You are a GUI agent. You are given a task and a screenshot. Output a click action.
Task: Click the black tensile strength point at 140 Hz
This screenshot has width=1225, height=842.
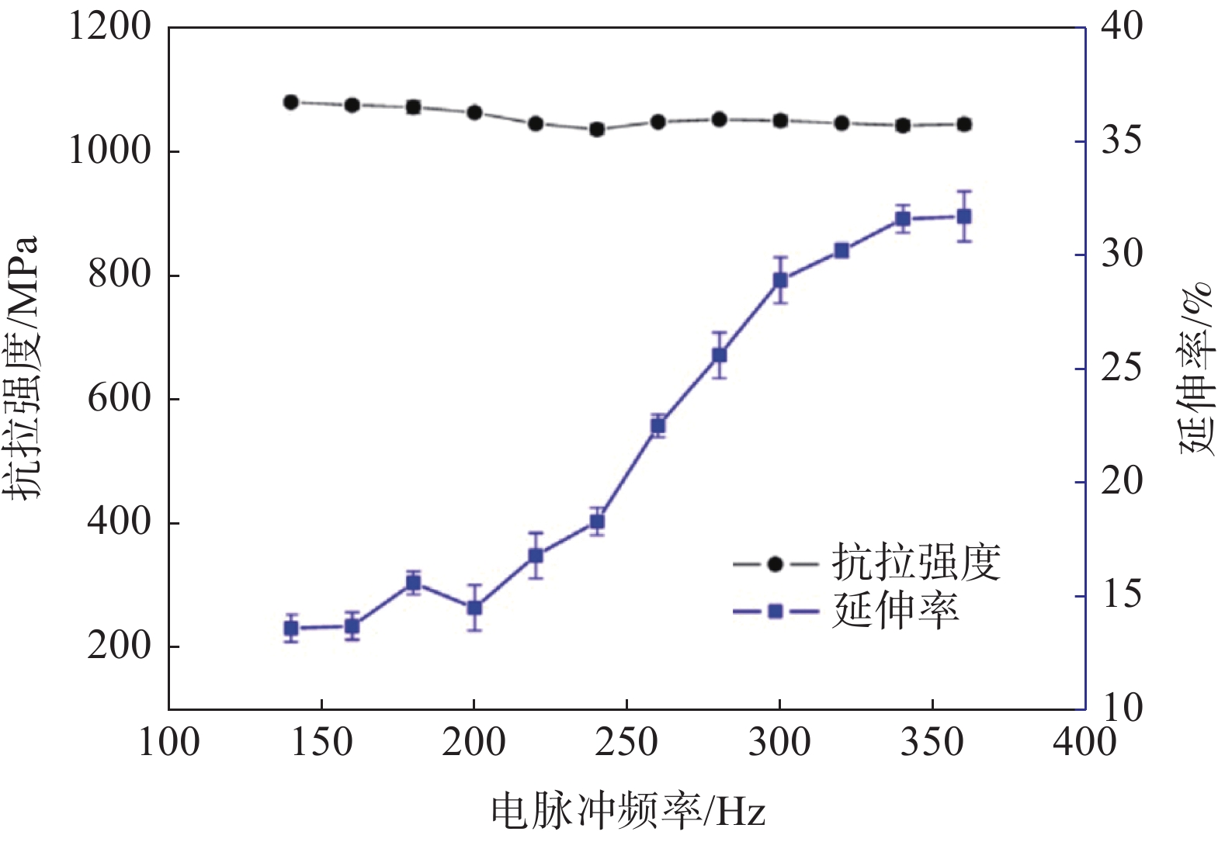(291, 102)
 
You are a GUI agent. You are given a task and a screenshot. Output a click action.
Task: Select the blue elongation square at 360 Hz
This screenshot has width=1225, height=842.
(964, 217)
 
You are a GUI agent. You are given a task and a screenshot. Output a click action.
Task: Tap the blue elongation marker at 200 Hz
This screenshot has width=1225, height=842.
(474, 608)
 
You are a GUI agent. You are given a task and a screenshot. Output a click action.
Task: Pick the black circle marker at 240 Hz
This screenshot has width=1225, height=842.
(597, 130)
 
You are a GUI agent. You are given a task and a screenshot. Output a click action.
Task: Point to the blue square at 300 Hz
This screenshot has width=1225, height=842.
(780, 280)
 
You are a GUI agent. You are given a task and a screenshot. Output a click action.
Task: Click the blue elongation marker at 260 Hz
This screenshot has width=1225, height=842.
(658, 425)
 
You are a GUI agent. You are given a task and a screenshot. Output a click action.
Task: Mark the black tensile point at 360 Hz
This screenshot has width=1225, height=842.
(964, 124)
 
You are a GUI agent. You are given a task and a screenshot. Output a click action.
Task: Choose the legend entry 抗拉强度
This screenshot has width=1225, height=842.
(916, 563)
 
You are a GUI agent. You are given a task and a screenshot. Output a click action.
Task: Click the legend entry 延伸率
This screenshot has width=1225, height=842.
(895, 611)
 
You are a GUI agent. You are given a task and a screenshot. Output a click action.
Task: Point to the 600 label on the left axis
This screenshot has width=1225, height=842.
(119, 398)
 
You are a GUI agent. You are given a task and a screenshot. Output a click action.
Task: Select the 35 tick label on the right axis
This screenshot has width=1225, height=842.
(1122, 140)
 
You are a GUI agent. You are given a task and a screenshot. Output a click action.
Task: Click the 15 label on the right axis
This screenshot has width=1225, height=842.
(1122, 595)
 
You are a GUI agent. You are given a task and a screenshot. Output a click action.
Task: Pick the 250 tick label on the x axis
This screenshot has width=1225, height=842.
(626, 742)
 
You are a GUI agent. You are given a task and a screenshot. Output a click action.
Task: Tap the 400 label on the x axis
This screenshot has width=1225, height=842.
(1084, 742)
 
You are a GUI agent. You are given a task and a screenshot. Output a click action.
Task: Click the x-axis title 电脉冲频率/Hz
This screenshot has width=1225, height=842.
(628, 812)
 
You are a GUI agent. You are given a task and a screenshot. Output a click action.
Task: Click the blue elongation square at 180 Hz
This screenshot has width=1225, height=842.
(414, 583)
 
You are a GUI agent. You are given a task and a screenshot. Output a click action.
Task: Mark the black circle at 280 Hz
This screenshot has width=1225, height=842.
(720, 120)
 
